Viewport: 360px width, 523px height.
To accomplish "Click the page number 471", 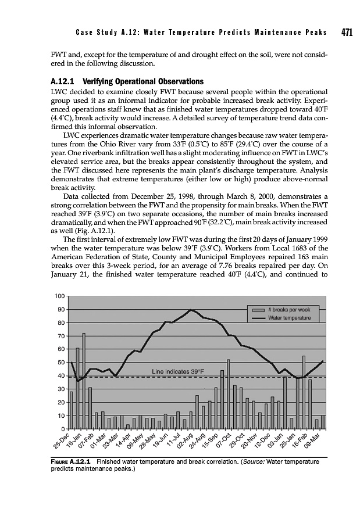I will [347, 33].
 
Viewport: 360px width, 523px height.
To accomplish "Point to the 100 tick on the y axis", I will [59, 297].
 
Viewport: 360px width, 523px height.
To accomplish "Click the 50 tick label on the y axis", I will [61, 363].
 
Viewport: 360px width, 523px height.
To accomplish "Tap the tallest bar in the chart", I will [84, 381].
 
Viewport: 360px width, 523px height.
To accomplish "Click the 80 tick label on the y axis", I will [61, 323].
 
